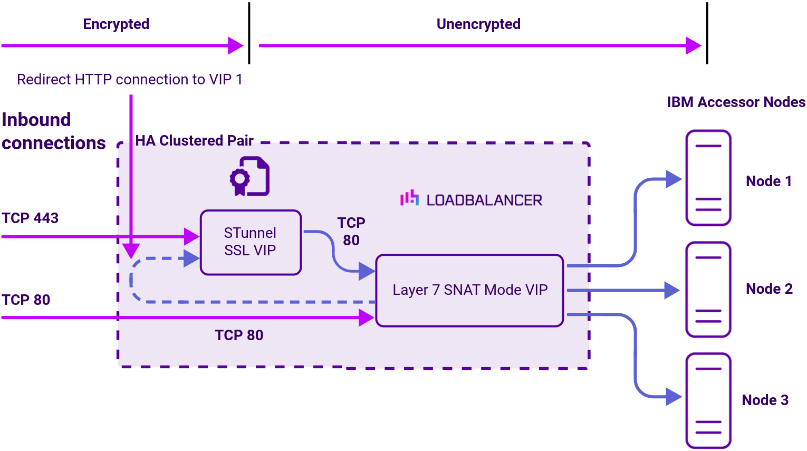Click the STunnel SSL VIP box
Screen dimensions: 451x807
point(251,242)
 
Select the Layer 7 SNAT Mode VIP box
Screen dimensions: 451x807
point(469,290)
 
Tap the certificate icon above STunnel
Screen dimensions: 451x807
point(249,176)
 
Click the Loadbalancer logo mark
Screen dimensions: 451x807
point(409,198)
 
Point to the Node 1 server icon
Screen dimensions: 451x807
point(708,178)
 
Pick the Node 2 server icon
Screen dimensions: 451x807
point(708,289)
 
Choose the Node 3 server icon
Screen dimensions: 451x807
point(708,400)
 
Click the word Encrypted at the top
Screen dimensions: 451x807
point(116,24)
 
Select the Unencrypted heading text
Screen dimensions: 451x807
point(478,24)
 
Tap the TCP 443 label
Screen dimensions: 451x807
point(30,218)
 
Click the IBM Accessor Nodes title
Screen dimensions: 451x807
point(736,102)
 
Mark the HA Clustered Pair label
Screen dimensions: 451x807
point(194,140)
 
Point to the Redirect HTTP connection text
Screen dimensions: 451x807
point(130,79)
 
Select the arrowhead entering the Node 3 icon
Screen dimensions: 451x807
point(674,397)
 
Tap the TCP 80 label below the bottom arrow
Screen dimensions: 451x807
point(239,335)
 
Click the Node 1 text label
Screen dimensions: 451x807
point(768,181)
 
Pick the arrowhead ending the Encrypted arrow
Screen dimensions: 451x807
point(235,45)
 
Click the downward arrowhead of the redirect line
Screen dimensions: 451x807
point(131,251)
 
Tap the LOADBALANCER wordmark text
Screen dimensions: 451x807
point(484,200)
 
